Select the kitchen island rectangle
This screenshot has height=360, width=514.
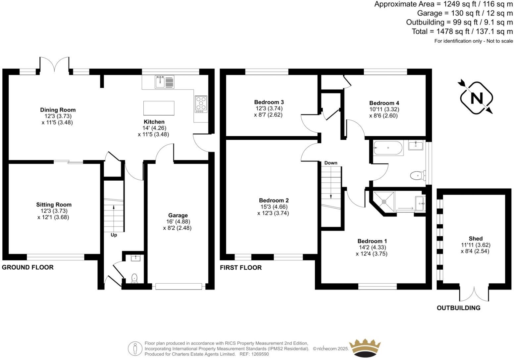coord(159,108)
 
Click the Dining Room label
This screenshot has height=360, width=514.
coord(58,110)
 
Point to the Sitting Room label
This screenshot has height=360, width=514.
coord(54,205)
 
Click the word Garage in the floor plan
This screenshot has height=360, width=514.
coord(178,215)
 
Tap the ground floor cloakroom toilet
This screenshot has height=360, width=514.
coord(134,278)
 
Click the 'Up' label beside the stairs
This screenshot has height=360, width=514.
coord(114,235)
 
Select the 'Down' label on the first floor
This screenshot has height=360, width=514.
coord(331,163)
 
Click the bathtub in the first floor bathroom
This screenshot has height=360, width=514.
coord(388,148)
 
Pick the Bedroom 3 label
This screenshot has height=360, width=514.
coord(269,102)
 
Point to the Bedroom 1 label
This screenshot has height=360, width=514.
coord(372,241)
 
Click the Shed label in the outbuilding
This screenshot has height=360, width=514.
coord(476,239)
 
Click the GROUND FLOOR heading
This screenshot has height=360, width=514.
coord(28,267)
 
